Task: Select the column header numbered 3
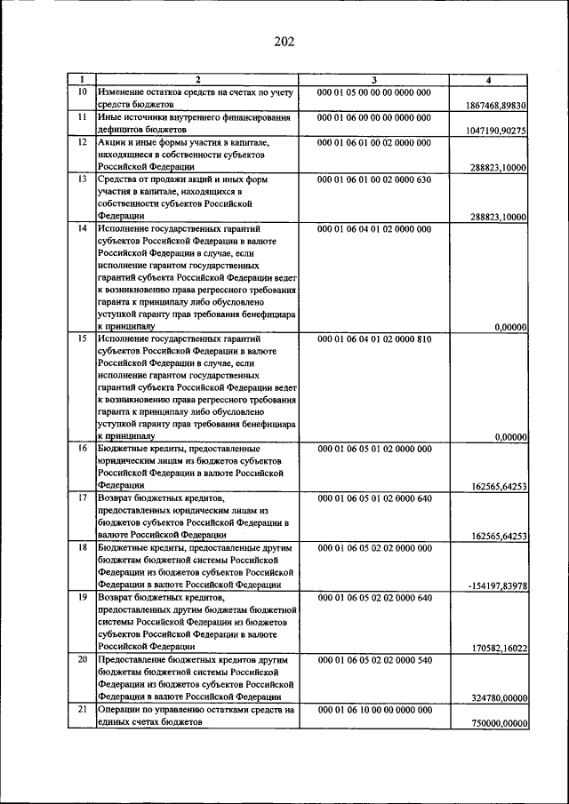[x=373, y=81]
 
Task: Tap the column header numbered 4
[x=488, y=81]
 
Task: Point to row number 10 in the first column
[x=82, y=92]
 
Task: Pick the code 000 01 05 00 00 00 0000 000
[x=373, y=92]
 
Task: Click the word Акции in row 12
[x=113, y=142]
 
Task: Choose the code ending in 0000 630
[x=373, y=179]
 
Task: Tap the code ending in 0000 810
[x=373, y=338]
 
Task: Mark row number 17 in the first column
[x=82, y=499]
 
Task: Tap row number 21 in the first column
[x=82, y=710]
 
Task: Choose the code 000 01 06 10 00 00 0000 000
[x=373, y=710]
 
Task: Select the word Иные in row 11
[x=111, y=117]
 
